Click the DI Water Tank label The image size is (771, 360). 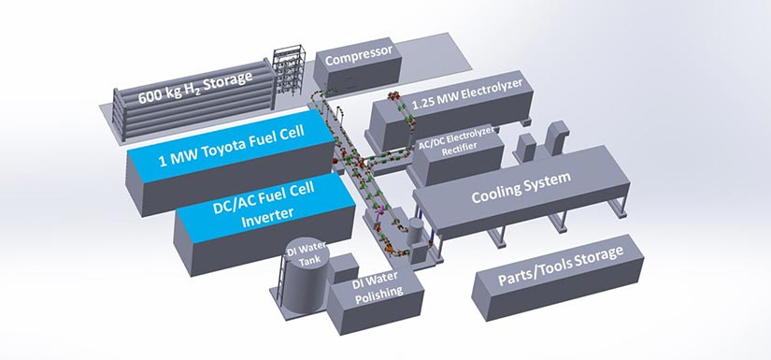coord(308,256)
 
